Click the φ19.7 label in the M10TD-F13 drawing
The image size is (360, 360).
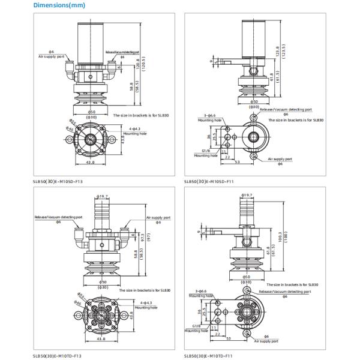[x=103, y=196]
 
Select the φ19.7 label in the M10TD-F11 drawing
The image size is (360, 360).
[x=247, y=196]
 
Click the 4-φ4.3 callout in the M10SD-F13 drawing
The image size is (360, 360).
[x=135, y=128]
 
